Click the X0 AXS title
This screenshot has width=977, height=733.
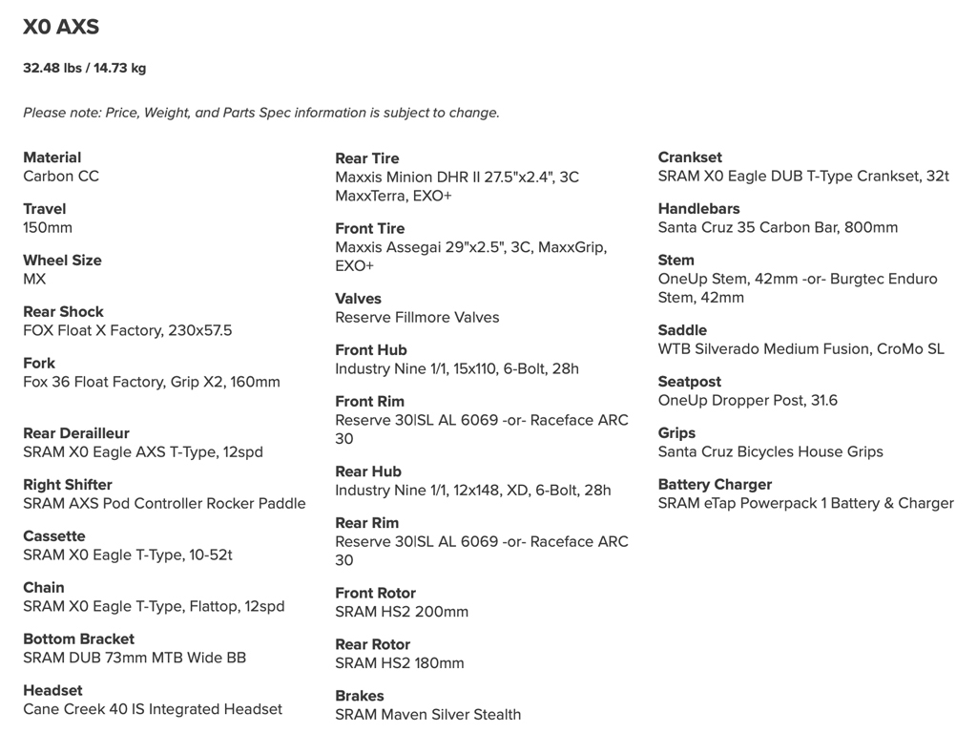(61, 28)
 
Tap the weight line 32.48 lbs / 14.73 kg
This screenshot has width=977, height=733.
(85, 69)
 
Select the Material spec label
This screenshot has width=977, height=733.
(52, 157)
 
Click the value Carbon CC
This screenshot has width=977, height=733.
(61, 177)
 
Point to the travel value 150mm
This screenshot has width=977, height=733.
(48, 228)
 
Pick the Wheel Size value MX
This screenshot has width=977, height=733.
(34, 280)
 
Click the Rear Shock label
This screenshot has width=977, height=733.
(63, 312)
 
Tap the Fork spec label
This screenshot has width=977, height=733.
(39, 364)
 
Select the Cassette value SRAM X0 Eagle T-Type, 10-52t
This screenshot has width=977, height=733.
(128, 555)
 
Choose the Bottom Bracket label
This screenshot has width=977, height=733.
(79, 639)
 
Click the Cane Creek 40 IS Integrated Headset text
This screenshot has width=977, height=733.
(153, 710)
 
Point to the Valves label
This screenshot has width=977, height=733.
(358, 299)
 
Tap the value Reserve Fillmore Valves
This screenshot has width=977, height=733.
(417, 318)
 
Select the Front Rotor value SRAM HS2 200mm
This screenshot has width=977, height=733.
(402, 612)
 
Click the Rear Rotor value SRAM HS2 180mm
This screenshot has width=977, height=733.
(400, 663)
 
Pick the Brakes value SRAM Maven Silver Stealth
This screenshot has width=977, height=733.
(427, 715)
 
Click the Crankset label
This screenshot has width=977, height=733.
(690, 157)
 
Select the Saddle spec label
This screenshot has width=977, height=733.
(682, 330)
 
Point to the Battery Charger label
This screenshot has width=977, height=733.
(715, 485)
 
